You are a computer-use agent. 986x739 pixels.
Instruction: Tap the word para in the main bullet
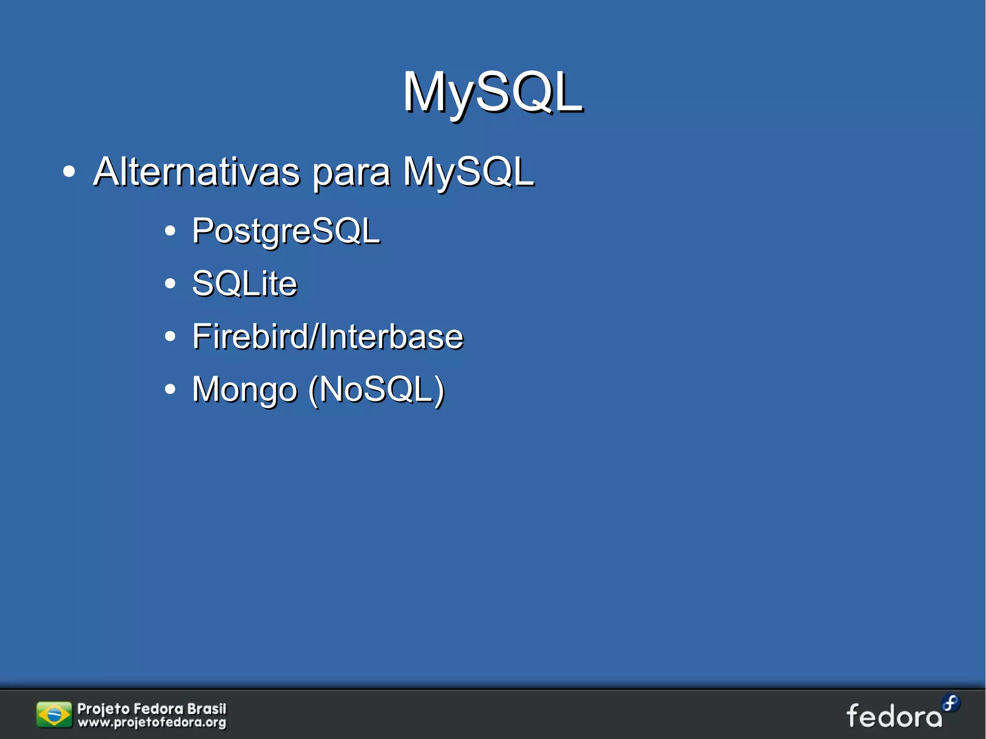(351, 173)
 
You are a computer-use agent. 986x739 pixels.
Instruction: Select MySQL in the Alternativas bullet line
(468, 171)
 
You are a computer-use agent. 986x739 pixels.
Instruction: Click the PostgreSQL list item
(285, 231)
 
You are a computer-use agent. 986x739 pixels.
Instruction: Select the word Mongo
(244, 390)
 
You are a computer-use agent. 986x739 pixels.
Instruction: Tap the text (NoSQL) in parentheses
(376, 390)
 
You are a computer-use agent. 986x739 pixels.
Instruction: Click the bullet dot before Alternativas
(69, 171)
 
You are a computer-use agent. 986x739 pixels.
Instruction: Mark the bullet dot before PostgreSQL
(169, 231)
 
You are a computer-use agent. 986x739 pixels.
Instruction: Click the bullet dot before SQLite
(169, 283)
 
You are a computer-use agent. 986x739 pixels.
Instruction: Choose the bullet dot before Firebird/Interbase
(169, 336)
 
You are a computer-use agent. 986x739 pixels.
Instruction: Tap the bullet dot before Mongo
(169, 389)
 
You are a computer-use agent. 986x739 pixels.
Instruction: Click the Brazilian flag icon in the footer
(54, 715)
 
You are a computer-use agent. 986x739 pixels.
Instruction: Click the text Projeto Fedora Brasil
(152, 709)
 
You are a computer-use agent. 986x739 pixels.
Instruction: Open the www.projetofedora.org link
(152, 723)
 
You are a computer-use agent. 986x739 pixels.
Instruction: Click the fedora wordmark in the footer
(894, 716)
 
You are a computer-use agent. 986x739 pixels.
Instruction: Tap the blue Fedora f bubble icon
(950, 703)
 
